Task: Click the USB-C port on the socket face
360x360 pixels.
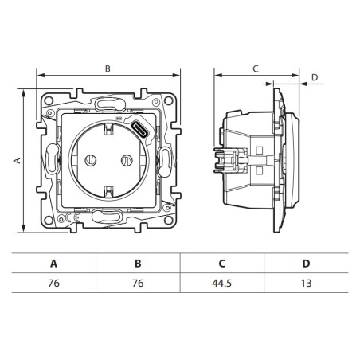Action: [x=139, y=130]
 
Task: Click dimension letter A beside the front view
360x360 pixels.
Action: [x=16, y=160]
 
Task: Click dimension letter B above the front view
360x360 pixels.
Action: [x=107, y=68]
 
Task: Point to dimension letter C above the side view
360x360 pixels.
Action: [x=255, y=68]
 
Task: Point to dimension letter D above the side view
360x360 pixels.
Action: [x=314, y=77]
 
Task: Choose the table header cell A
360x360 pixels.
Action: [x=53, y=263]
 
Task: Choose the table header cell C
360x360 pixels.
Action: [x=222, y=263]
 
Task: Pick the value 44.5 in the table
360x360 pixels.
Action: [x=222, y=283]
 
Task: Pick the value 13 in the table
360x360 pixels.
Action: [x=307, y=283]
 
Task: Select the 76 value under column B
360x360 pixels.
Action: [x=138, y=283]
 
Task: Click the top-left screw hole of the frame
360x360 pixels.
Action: [x=48, y=100]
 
